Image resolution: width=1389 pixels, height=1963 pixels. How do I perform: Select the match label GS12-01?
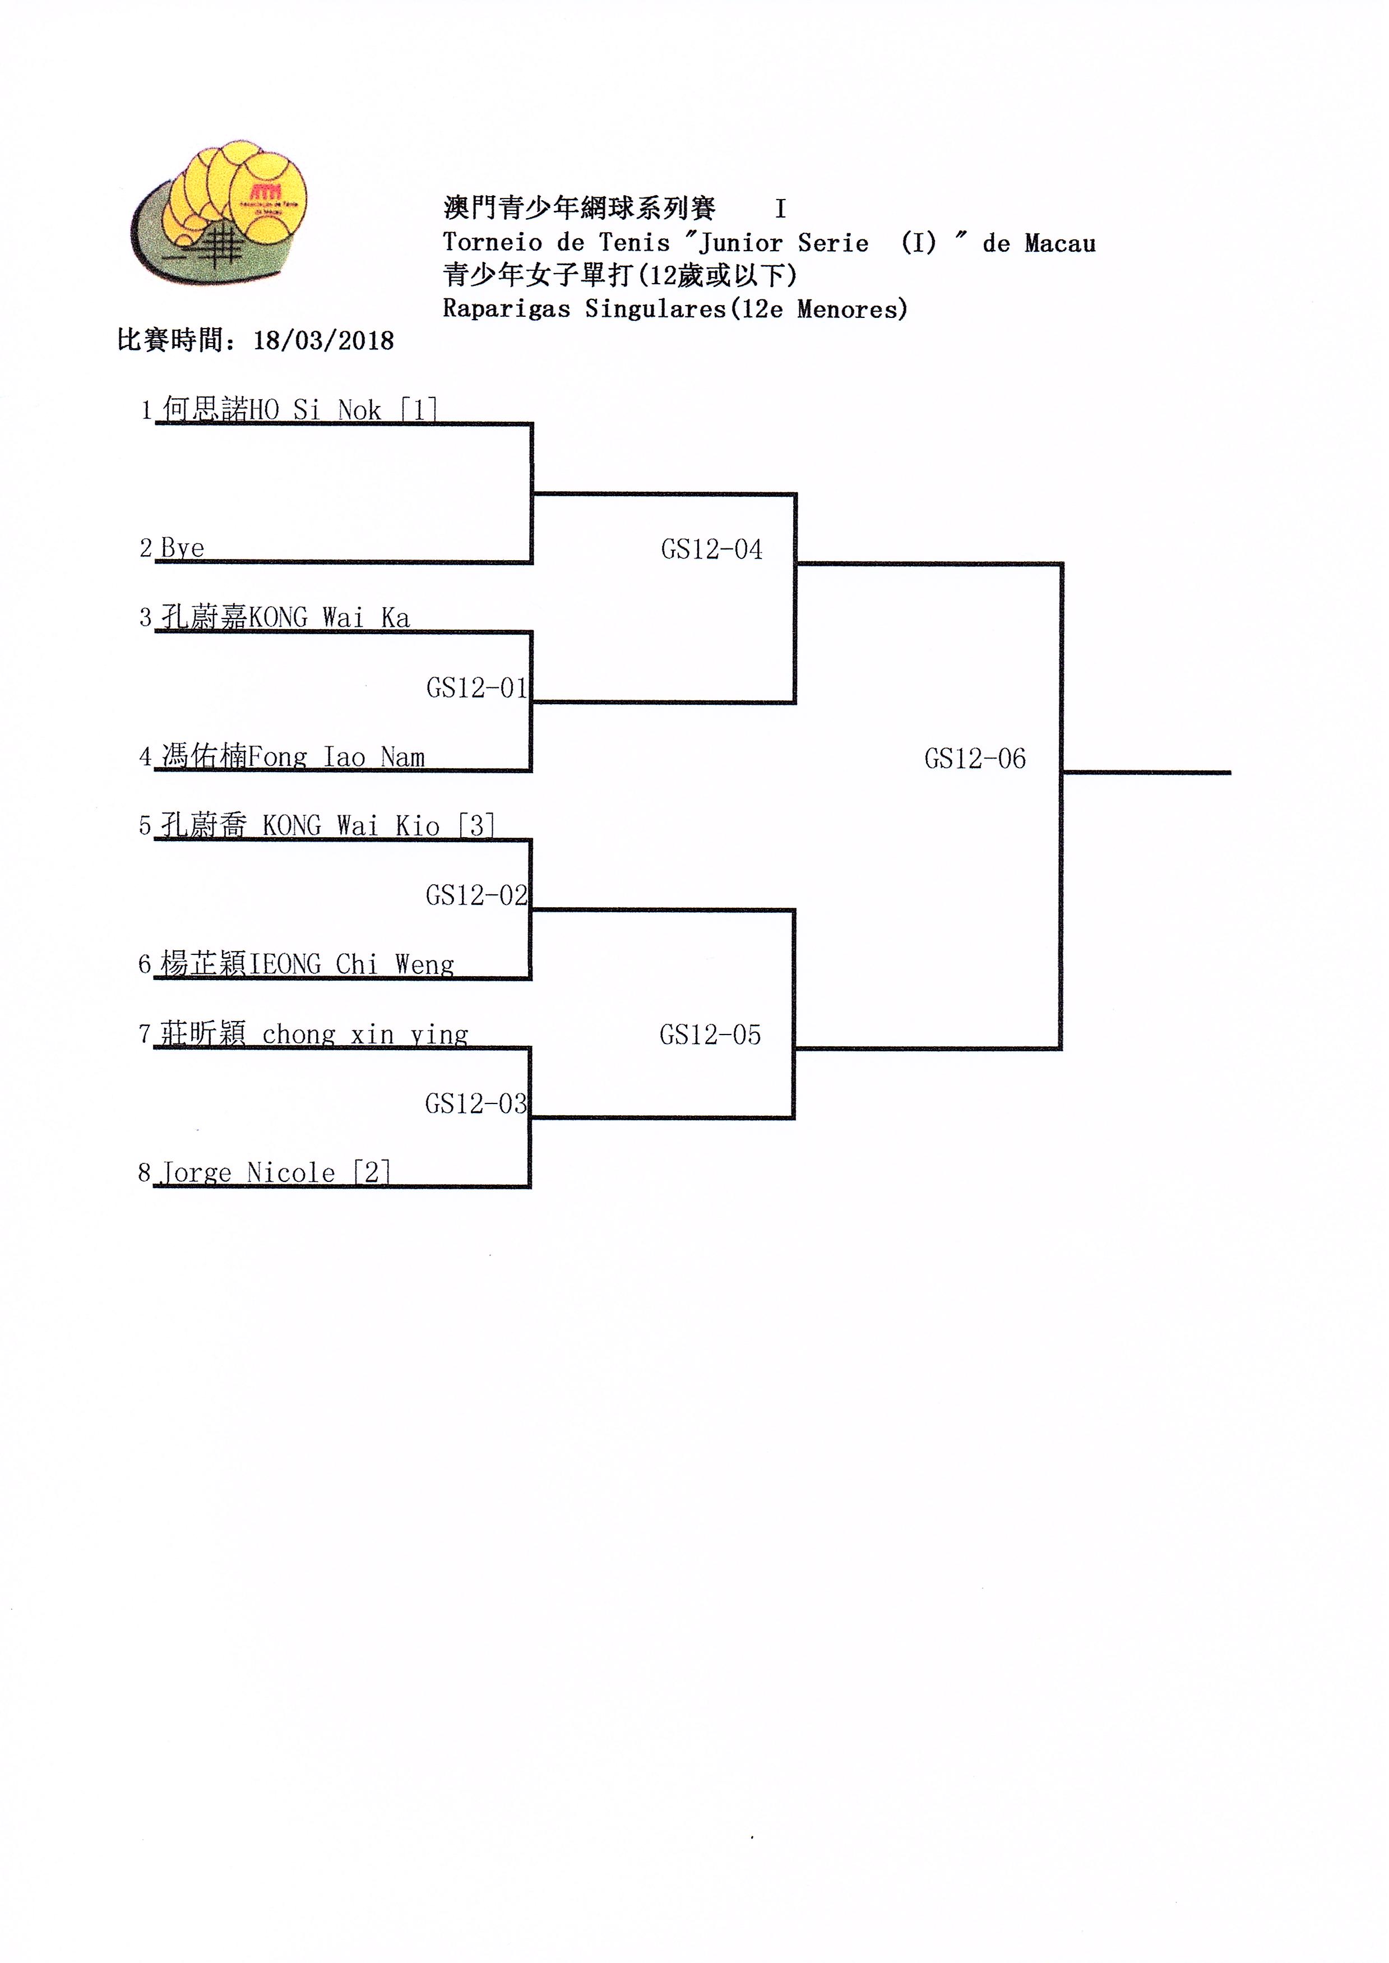pyautogui.click(x=476, y=687)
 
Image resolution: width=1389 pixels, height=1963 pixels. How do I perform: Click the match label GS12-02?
pyautogui.click(x=476, y=895)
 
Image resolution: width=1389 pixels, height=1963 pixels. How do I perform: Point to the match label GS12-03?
pyautogui.click(x=475, y=1103)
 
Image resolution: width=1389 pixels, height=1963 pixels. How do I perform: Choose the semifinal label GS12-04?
pyautogui.click(x=712, y=549)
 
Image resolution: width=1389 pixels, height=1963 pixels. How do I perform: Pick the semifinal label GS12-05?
pyautogui.click(x=710, y=1035)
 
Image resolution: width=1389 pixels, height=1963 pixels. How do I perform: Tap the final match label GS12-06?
pyautogui.click(x=975, y=759)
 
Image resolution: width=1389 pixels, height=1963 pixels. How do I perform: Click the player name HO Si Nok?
pyautogui.click(x=315, y=410)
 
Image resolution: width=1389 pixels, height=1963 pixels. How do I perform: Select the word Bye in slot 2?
pyautogui.click(x=182, y=548)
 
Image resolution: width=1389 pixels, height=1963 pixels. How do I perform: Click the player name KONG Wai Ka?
pyautogui.click(x=328, y=617)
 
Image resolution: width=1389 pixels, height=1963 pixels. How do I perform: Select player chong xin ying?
pyautogui.click(x=365, y=1035)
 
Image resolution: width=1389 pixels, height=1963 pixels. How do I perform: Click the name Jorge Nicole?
pyautogui.click(x=248, y=1172)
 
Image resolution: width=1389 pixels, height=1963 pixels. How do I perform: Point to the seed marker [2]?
pyautogui.click(x=372, y=1172)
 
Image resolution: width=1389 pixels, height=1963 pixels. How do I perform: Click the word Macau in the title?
pyautogui.click(x=1060, y=244)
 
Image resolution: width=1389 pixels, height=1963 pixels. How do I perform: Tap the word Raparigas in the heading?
pyautogui.click(x=506, y=309)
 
